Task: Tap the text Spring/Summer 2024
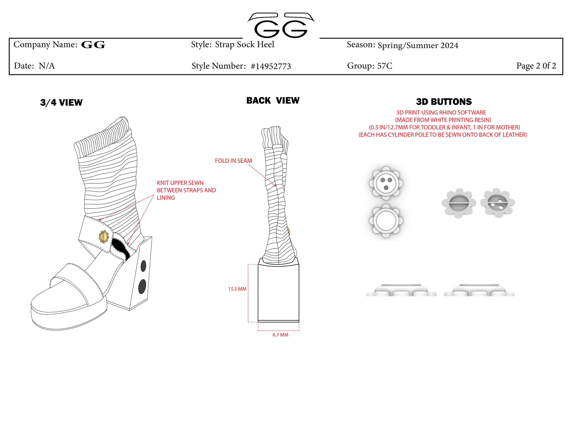coord(418,45)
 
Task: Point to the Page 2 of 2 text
coord(536,66)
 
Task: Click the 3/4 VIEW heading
coord(61,102)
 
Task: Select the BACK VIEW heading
coord(273,100)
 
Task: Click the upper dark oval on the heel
coord(143,266)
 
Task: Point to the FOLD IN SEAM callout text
coord(233,161)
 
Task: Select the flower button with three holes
coord(386,183)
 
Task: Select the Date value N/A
coord(47,66)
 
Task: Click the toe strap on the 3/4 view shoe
coord(77,279)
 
